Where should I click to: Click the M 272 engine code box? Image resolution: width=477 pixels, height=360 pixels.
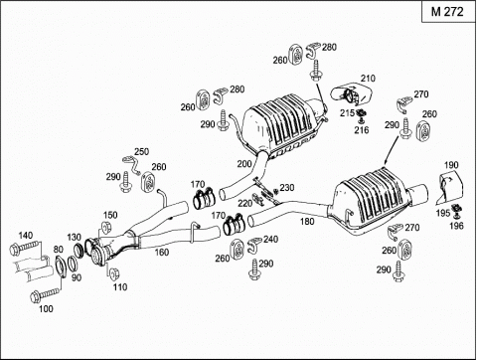pos(448,12)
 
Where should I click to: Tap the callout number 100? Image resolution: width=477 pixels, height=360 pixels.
pos(46,309)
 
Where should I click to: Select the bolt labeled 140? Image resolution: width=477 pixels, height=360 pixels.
pos(25,247)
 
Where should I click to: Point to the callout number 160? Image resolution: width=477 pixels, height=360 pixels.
pos(162,253)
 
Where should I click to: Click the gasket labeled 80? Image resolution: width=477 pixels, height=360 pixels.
pos(60,266)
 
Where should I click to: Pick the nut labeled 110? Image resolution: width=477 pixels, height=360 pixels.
pos(115,272)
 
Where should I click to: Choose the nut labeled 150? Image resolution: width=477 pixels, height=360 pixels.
pos(105,229)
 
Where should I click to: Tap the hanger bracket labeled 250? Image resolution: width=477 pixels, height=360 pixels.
pos(132,164)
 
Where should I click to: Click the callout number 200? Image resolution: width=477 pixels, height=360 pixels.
pos(244,164)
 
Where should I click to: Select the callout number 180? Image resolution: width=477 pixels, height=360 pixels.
pos(307,221)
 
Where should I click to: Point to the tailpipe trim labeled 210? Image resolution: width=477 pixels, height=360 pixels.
pos(351,93)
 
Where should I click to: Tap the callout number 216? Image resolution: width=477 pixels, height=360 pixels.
pos(362,129)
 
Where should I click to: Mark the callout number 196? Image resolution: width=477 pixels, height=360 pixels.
pos(456,226)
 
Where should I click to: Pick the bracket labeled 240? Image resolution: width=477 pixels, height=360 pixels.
pos(254,245)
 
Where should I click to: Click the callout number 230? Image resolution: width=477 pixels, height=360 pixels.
pos(287,188)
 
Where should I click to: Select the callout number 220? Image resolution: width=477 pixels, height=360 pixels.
pos(245,203)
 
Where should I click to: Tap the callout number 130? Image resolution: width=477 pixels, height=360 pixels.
pos(74,238)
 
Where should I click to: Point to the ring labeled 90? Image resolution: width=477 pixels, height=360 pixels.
pos(73,264)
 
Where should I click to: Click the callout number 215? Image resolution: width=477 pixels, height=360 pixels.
pos(347,113)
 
